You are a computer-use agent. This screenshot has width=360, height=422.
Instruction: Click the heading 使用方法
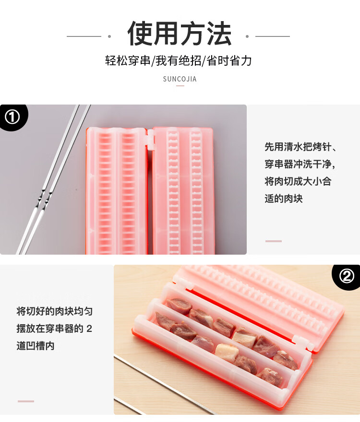pyautogui.click(x=180, y=34)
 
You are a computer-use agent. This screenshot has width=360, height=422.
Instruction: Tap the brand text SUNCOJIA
pyautogui.click(x=180, y=79)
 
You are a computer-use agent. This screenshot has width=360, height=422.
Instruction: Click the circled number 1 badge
pyautogui.click(x=12, y=117)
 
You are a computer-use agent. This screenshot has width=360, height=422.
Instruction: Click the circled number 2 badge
pyautogui.click(x=347, y=276)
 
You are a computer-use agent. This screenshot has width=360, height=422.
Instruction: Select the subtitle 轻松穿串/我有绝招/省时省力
pyautogui.click(x=179, y=60)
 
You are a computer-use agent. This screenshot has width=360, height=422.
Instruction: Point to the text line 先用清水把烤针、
pyautogui.click(x=300, y=147)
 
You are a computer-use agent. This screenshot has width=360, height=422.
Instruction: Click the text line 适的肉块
pyautogui.click(x=284, y=199)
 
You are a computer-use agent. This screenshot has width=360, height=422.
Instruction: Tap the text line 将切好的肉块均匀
pyautogui.click(x=55, y=311)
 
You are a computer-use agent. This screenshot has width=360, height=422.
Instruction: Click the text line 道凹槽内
pyautogui.click(x=36, y=346)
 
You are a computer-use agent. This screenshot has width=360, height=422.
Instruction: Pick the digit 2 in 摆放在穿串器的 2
pyautogui.click(x=89, y=328)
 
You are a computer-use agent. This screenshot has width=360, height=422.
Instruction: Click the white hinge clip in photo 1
pyautogui.click(x=150, y=138)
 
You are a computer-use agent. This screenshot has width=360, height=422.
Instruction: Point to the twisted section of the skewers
pyautogui.click(x=44, y=199)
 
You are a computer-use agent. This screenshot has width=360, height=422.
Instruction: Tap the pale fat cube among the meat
pyautogui.click(x=227, y=352)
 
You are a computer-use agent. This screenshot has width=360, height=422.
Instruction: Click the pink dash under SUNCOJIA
pyautogui.click(x=180, y=86)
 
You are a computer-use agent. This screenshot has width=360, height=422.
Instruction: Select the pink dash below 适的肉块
pyautogui.click(x=274, y=241)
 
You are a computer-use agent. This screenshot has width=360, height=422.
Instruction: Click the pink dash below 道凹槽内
pyautogui.click(x=26, y=401)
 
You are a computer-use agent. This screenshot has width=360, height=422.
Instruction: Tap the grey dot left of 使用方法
pyautogui.click(x=109, y=36)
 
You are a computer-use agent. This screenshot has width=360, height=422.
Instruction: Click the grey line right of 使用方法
pyautogui.click(x=273, y=36)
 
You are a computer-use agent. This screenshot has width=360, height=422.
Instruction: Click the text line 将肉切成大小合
pyautogui.click(x=298, y=181)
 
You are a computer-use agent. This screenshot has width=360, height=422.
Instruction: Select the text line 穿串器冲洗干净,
pyautogui.click(x=300, y=164)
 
